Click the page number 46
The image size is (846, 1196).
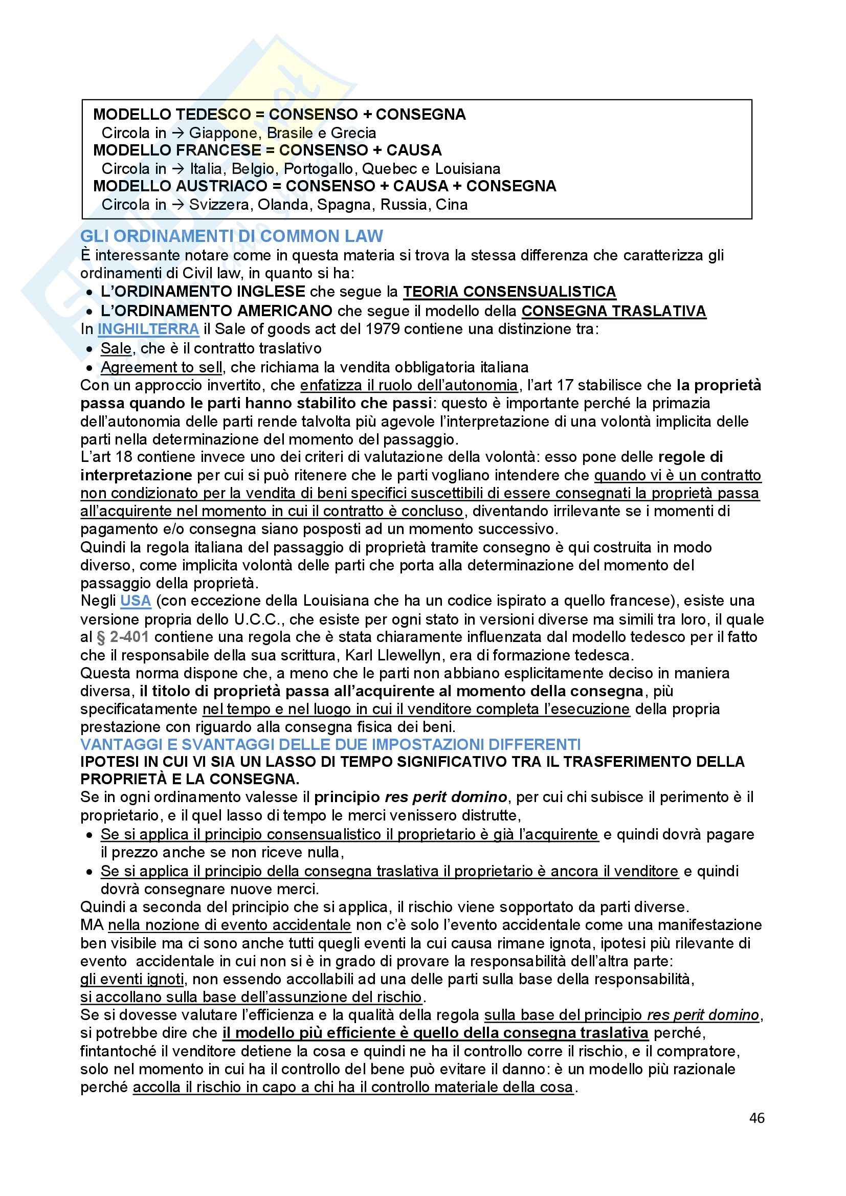pyautogui.click(x=756, y=1118)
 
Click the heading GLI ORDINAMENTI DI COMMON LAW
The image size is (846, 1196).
pyautogui.click(x=231, y=236)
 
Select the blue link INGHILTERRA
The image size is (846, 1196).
pyautogui.click(x=148, y=329)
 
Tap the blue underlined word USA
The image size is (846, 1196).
pyautogui.click(x=136, y=601)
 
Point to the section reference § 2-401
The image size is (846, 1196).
pyautogui.click(x=122, y=636)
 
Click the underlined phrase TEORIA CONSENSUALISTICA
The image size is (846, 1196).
pyautogui.click(x=509, y=292)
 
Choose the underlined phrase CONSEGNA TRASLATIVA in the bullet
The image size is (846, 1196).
pyautogui.click(x=614, y=311)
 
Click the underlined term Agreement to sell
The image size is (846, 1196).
pyautogui.click(x=162, y=367)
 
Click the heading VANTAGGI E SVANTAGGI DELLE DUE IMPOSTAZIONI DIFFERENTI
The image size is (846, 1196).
pyautogui.click(x=330, y=744)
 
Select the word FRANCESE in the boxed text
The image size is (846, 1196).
pyautogui.click(x=219, y=150)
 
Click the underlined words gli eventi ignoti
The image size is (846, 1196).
pyautogui.click(x=132, y=979)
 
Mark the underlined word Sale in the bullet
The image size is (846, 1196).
pyautogui.click(x=116, y=348)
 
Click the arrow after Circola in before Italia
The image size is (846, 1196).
pyautogui.click(x=177, y=169)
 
